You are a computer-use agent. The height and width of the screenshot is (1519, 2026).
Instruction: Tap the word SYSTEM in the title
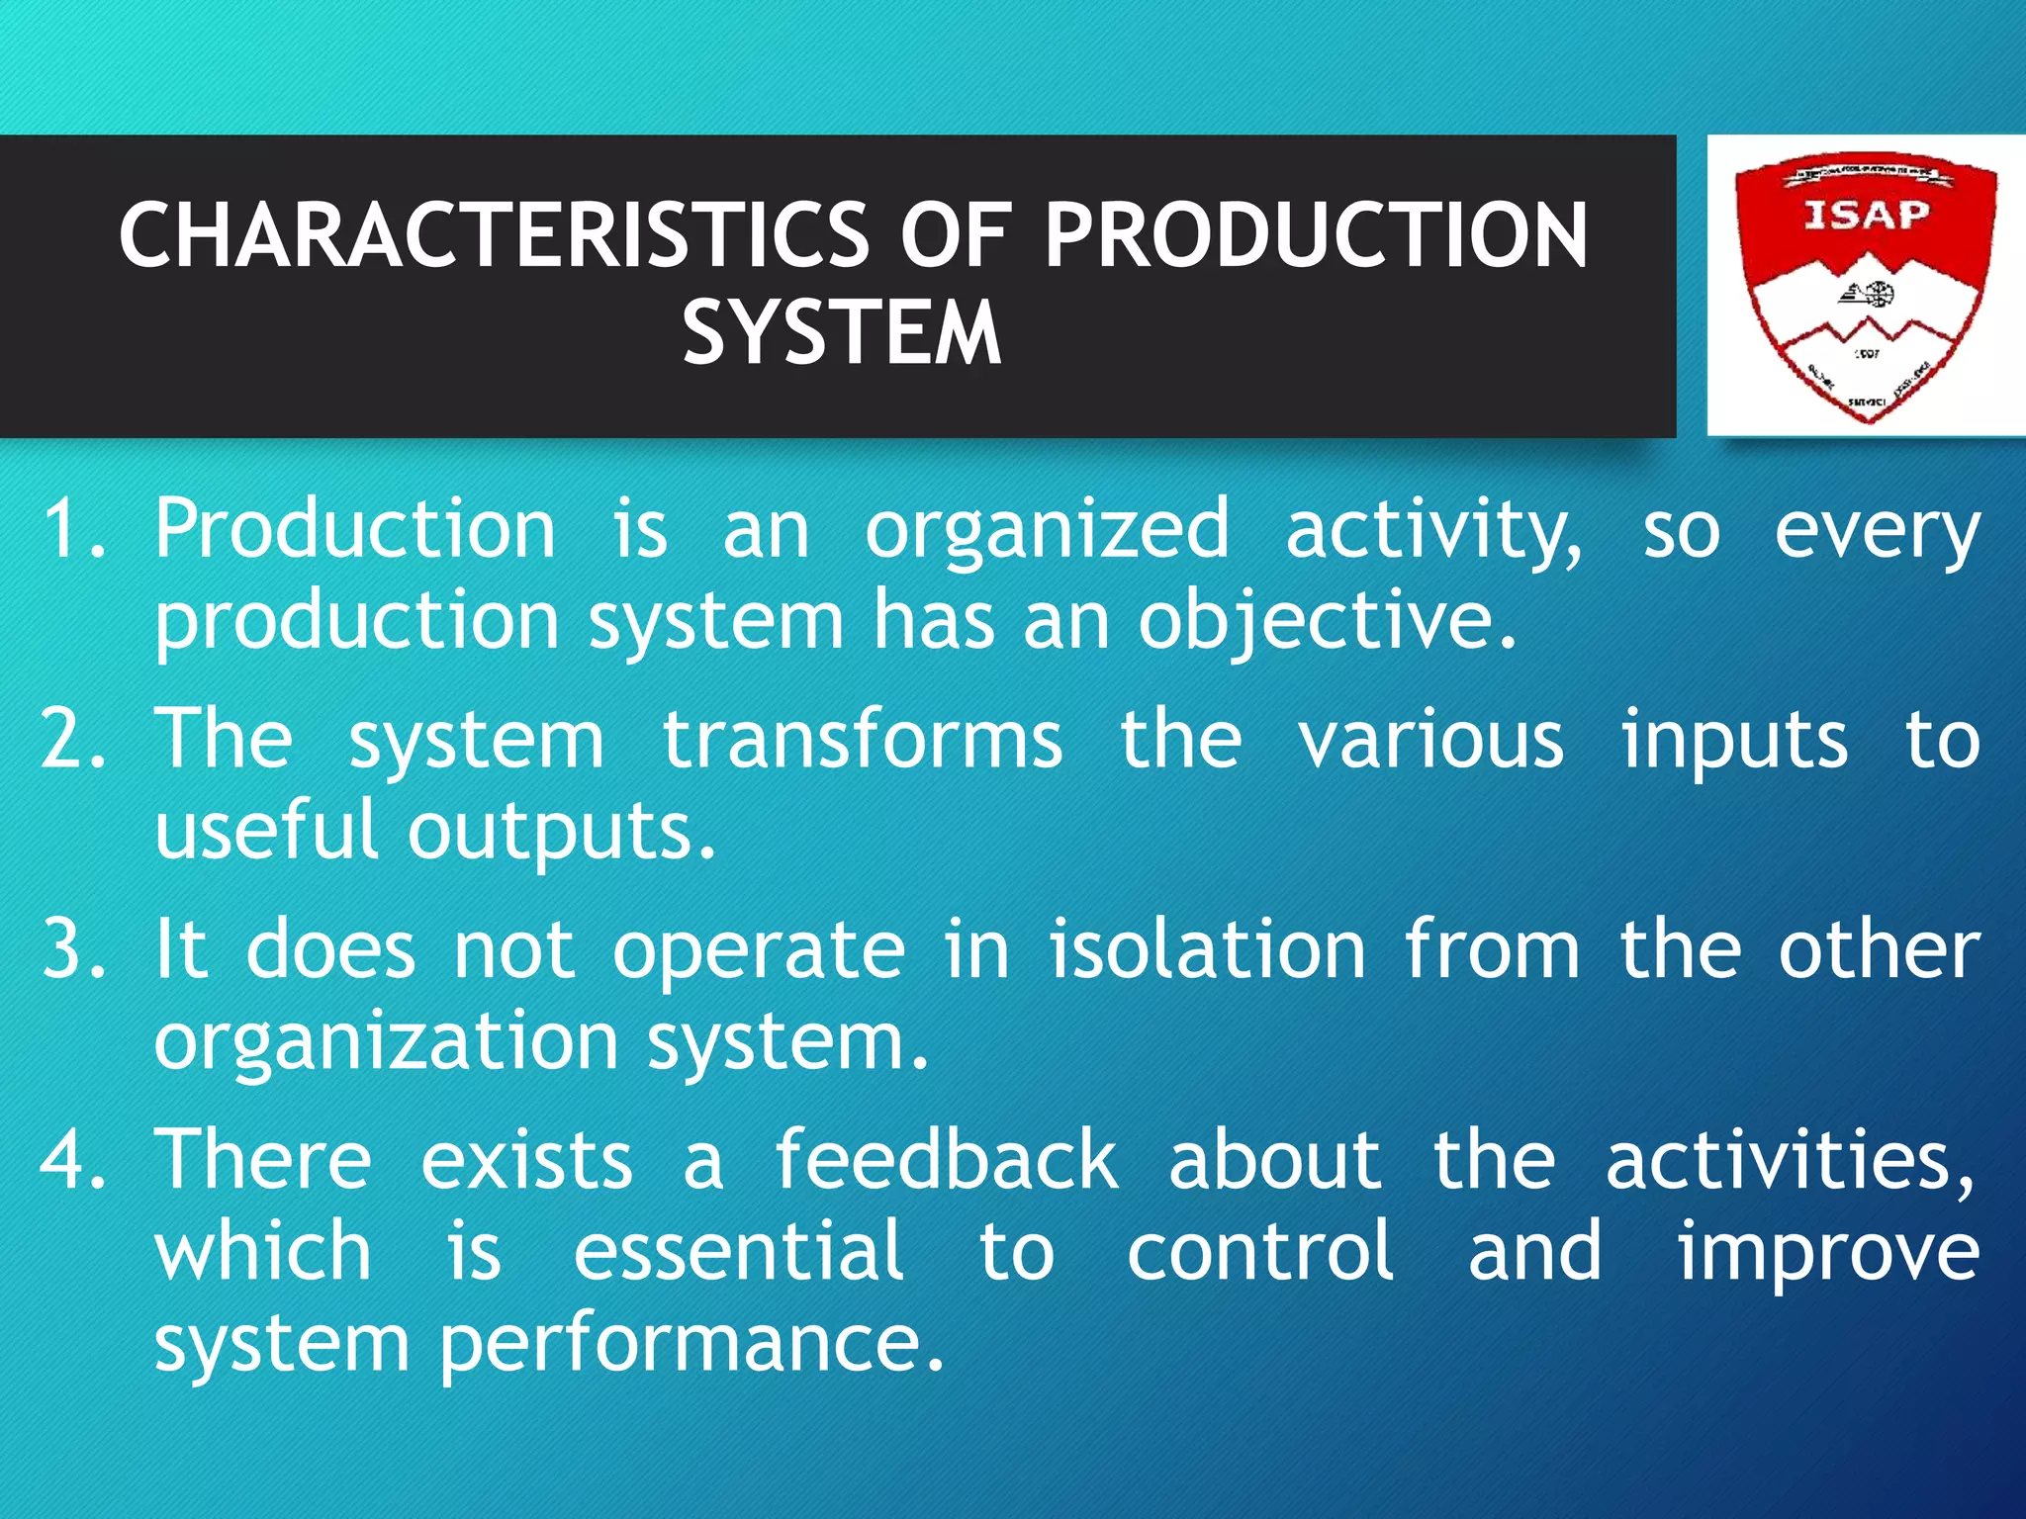point(842,333)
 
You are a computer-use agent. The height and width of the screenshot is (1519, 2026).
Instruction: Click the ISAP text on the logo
point(1866,215)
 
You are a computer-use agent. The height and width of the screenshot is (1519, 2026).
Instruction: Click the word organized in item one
point(1048,531)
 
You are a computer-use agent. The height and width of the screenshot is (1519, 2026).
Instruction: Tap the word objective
point(1326,623)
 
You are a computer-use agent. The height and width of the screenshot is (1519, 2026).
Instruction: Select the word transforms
point(862,739)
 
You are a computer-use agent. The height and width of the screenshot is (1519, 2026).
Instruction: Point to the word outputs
point(561,833)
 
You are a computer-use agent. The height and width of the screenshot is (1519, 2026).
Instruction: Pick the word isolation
point(1207,949)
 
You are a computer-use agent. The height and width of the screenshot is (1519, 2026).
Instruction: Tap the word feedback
point(945,1159)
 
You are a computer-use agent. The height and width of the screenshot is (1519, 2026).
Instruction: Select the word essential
point(738,1251)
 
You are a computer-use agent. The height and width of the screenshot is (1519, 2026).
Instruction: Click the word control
point(1260,1251)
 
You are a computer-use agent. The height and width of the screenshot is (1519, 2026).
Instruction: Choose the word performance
point(691,1345)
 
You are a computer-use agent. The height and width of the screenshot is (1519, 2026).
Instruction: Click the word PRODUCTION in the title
point(1316,235)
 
